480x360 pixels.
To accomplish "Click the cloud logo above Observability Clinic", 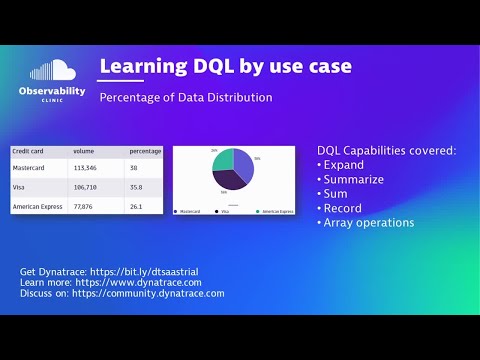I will pos(52,71).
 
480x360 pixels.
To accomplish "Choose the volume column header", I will pos(83,151).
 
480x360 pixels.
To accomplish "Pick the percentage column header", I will pos(145,151).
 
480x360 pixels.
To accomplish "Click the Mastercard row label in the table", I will pos(32,170).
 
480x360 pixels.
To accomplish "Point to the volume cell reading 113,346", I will pos(85,170).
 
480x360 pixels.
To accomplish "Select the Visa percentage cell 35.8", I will pos(136,187).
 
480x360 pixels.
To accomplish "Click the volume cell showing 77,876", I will pos(83,206).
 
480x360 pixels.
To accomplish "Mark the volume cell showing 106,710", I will pos(85,187).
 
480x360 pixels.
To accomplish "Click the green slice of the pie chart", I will pos(224,161).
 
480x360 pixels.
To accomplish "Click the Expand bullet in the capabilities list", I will pos(346,165).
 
